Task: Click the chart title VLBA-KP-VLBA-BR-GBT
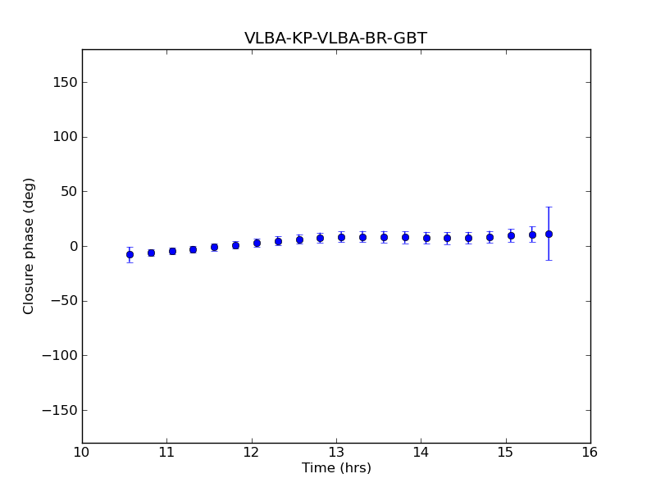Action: [x=335, y=39]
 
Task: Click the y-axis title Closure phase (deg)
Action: [x=30, y=246]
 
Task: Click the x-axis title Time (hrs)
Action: [x=336, y=468]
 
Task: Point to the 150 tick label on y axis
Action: [x=65, y=82]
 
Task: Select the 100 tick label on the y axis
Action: [x=65, y=137]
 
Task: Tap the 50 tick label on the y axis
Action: [x=68, y=192]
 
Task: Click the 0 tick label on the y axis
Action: [x=72, y=246]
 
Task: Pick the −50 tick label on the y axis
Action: [x=65, y=301]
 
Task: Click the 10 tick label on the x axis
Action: [x=82, y=452]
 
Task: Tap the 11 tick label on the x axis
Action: [x=166, y=452]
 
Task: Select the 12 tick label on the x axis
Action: [x=252, y=452]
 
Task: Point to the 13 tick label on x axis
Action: [x=336, y=452]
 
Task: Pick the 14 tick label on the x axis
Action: [x=421, y=452]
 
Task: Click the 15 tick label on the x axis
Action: [x=506, y=452]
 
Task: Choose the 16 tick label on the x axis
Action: [x=590, y=452]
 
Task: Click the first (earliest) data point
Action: [x=130, y=254]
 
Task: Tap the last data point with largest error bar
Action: [x=549, y=234]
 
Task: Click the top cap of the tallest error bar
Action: [x=549, y=207]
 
